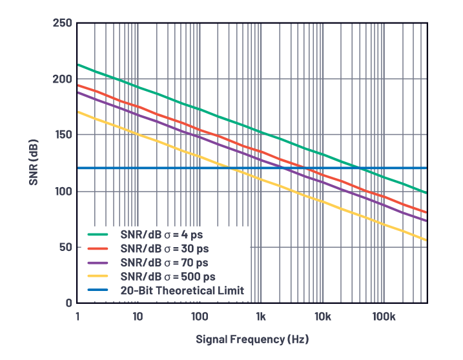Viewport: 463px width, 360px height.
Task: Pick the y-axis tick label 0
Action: (x=67, y=303)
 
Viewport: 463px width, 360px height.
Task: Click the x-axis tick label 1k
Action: (x=261, y=316)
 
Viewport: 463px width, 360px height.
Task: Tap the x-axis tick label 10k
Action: (x=323, y=316)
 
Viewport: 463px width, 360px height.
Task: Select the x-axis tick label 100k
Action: (x=384, y=316)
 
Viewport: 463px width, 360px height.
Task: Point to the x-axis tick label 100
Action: (x=200, y=316)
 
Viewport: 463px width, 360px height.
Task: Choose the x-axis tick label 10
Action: (x=138, y=316)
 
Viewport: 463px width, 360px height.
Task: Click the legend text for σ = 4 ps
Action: (x=165, y=234)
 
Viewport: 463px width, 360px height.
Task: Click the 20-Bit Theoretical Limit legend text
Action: (x=182, y=290)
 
